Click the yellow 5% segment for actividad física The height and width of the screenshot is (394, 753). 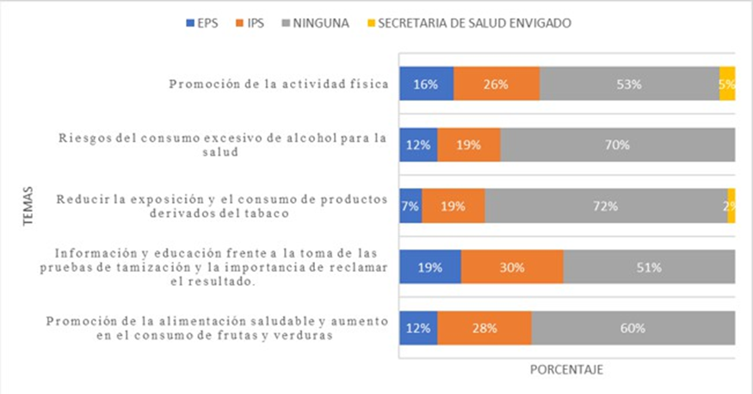coord(727,83)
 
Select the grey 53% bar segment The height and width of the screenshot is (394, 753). coord(629,83)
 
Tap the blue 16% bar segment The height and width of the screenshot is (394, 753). coord(426,83)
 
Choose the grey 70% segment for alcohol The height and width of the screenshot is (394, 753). coord(617,145)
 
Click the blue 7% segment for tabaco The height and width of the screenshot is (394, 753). coord(410,206)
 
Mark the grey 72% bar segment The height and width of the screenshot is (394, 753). coord(605,206)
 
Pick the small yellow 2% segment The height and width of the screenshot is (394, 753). coord(731,206)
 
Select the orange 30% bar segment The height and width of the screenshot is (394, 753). coord(512,267)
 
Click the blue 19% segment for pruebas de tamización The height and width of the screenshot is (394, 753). coord(429,267)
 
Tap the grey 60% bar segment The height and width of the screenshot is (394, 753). coord(633,328)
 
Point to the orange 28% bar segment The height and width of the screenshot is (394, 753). coord(484,328)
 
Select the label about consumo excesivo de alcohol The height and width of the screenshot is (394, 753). coord(223,145)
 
